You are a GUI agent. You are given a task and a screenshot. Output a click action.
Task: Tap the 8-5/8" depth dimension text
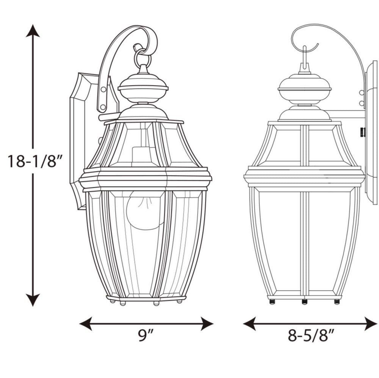[311, 335]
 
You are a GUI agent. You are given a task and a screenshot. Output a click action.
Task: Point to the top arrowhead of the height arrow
[33, 30]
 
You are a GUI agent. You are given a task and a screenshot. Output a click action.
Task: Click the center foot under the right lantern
[304, 302]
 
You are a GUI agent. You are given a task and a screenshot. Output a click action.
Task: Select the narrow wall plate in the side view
[371, 132]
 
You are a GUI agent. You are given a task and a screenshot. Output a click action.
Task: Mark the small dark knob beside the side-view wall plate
[362, 132]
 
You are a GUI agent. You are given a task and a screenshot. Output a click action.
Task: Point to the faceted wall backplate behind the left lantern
[81, 140]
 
